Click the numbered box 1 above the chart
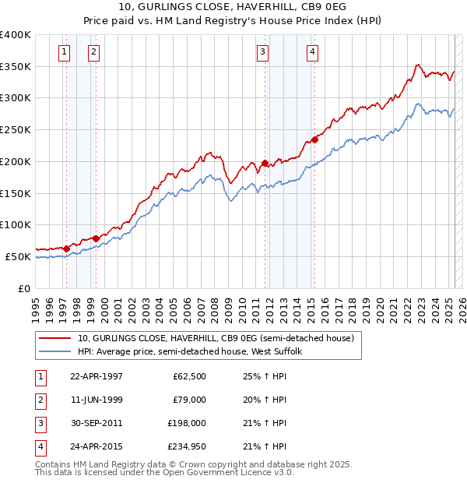pos(63,52)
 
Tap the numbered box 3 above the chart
pos(263,52)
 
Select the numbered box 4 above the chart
pos(312,52)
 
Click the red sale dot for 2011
pos(265,164)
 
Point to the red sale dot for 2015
pos(314,140)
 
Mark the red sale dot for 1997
pos(67,249)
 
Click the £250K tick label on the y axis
pos(16,129)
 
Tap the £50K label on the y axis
pos(18,256)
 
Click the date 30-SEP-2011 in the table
pos(96,423)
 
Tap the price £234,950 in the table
pos(184,446)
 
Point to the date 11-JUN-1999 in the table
pos(96,400)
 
